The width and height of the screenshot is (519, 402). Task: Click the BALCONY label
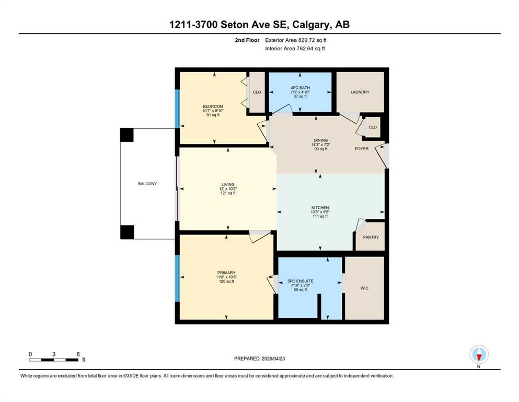[147, 184]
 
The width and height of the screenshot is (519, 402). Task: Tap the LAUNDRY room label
[360, 92]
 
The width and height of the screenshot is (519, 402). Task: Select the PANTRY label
[371, 237]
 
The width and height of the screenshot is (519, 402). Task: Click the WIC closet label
[364, 288]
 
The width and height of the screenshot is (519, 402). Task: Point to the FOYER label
[362, 149]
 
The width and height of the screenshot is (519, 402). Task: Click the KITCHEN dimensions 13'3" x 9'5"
[320, 212]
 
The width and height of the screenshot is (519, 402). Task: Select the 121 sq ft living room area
[228, 193]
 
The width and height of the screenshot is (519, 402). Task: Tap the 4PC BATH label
[300, 88]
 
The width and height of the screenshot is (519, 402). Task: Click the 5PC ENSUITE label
[300, 281]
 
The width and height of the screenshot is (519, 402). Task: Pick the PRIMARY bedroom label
[226, 273]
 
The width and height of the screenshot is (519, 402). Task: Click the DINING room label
[321, 140]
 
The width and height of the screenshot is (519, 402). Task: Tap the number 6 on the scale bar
[78, 354]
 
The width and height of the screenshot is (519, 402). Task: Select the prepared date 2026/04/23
[273, 359]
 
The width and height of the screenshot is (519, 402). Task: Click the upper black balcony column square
[127, 135]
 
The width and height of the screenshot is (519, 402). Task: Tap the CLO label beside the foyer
[373, 127]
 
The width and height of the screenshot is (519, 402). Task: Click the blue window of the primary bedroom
[177, 278]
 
